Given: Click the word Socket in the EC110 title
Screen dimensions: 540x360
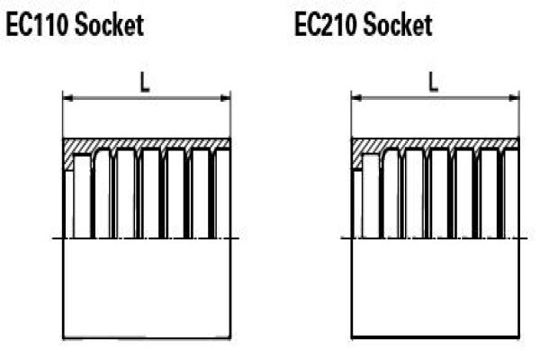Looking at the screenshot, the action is click(109, 24).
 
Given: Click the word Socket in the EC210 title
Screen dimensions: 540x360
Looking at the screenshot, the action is click(398, 24).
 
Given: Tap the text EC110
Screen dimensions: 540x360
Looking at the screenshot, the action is click(37, 25).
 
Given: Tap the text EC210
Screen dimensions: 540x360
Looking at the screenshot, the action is click(326, 25).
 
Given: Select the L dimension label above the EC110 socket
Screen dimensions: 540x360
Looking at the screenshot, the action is click(145, 84).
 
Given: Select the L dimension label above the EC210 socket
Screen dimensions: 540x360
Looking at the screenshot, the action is click(434, 83).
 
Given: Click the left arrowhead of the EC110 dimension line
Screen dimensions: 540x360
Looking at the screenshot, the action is click(68, 98).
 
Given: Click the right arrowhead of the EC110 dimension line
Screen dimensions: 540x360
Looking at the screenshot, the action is click(225, 98).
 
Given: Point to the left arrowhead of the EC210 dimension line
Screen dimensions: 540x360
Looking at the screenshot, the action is click(356, 98).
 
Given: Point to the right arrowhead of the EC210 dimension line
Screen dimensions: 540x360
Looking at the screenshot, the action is click(514, 98).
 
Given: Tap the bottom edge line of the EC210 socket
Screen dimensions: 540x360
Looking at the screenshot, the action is click(436, 337).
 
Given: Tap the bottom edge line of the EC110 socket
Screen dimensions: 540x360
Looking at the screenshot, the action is click(147, 338).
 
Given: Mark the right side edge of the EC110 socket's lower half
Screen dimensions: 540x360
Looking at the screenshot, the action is click(230, 288).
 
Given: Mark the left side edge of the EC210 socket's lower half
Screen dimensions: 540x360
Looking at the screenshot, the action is click(352, 288).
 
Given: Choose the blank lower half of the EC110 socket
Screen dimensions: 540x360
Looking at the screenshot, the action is click(147, 288).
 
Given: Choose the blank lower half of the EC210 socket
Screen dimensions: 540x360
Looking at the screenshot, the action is click(436, 287).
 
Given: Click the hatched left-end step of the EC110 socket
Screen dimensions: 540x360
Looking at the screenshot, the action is click(69, 160).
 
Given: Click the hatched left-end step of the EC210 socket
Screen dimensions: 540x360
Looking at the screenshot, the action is click(357, 160).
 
